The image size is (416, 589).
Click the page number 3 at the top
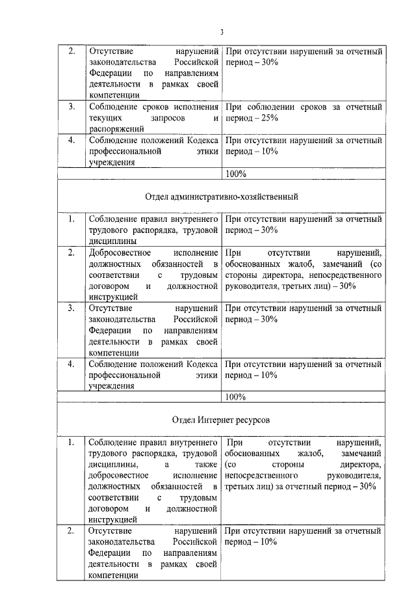pos(221,32)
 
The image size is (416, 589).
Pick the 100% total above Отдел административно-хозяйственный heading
pos(235,174)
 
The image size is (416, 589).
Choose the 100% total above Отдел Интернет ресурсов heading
pos(235,397)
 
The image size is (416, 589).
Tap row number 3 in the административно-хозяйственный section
pos(71,308)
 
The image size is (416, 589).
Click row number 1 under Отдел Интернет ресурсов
pos(71,443)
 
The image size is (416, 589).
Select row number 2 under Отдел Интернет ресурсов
pos(71,532)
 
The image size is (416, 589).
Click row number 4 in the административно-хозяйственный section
pos(71,364)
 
